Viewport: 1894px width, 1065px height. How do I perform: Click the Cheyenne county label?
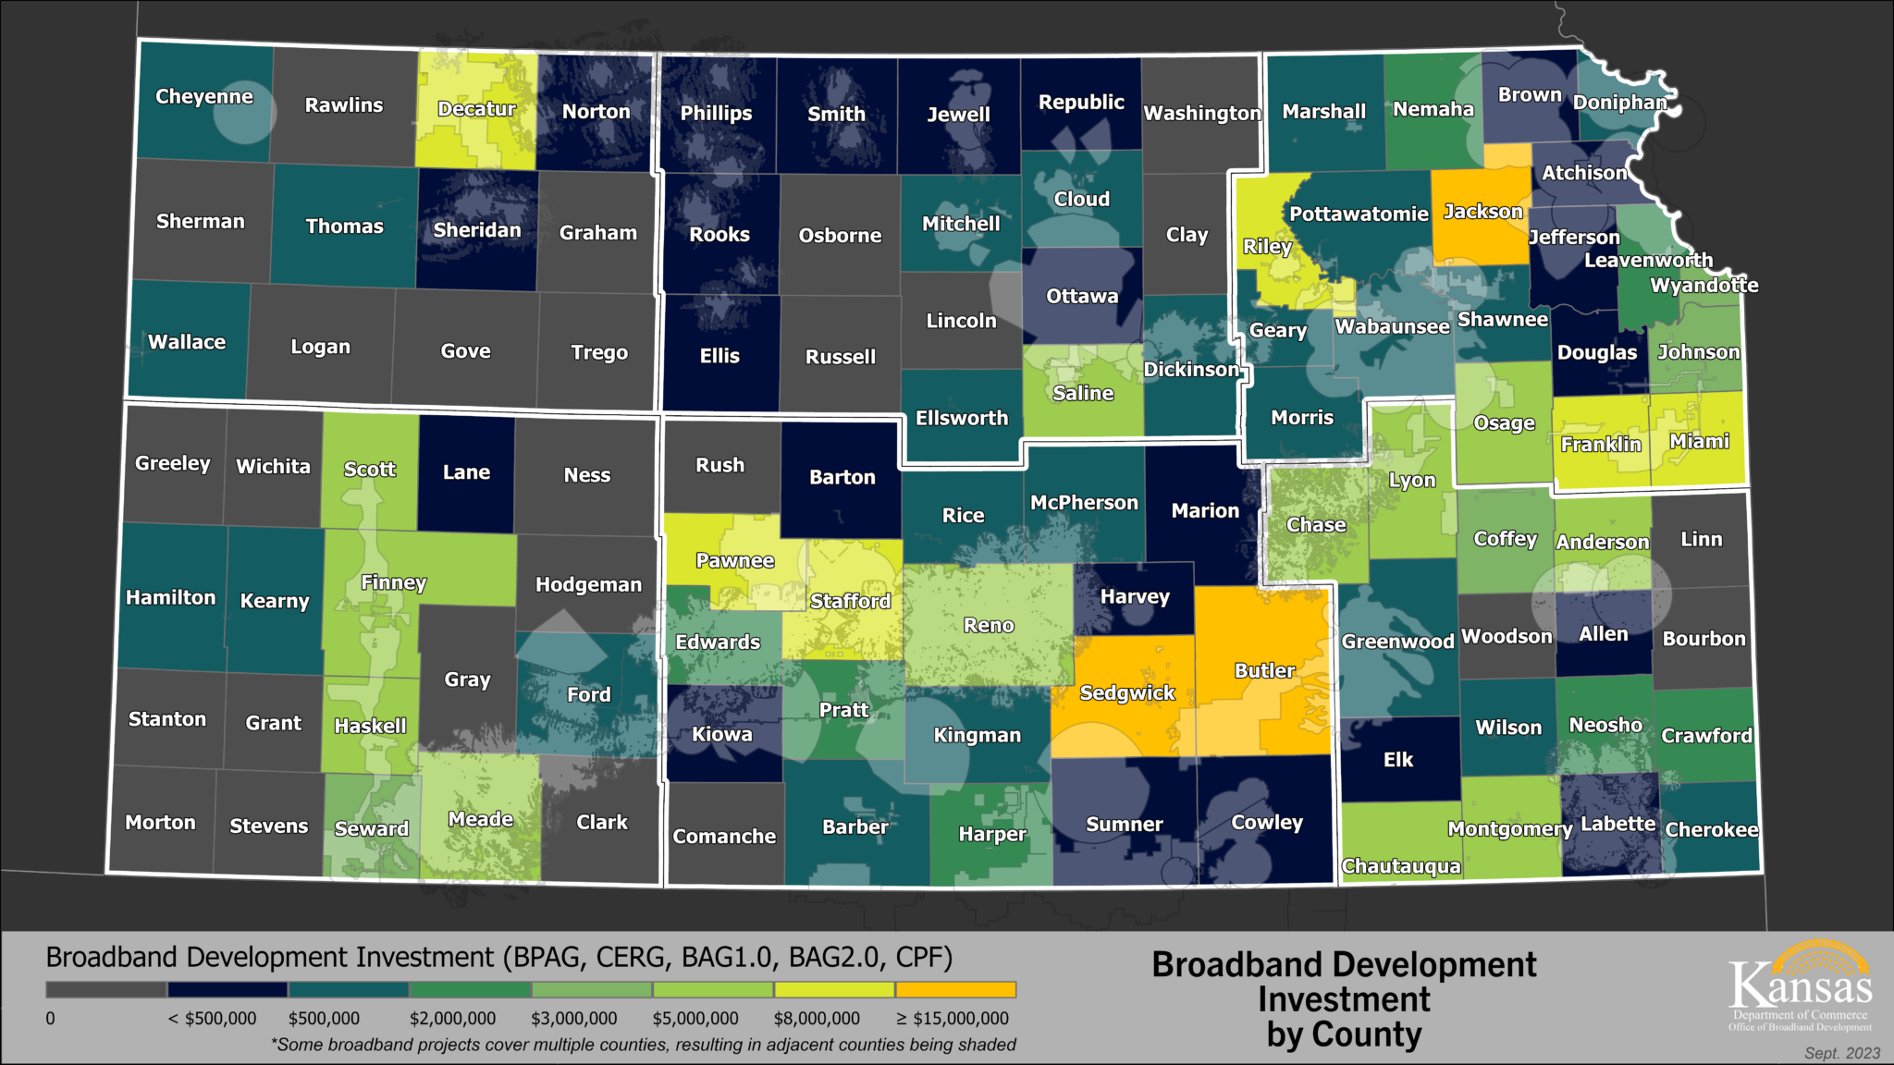[x=203, y=97]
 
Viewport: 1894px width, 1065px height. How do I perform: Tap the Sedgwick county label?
[x=1126, y=693]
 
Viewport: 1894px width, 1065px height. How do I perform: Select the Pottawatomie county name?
[x=1359, y=214]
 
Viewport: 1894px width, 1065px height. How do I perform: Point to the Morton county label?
[x=160, y=823]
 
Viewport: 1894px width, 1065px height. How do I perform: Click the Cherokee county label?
[x=1712, y=830]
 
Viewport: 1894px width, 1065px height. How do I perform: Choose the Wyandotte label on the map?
[x=1704, y=286]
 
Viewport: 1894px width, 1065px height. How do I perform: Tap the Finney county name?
[x=393, y=582]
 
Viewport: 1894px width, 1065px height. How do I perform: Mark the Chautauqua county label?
[x=1401, y=866]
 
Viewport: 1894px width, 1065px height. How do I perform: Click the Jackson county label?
[x=1482, y=212]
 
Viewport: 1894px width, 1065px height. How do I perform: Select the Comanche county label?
[x=724, y=837]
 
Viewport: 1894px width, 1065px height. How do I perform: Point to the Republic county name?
[x=1081, y=103]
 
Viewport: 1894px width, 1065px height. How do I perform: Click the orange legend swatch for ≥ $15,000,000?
[x=956, y=990]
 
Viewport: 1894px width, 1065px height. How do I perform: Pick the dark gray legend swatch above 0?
[x=106, y=990]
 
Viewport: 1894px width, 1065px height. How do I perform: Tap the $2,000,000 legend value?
[x=452, y=1019]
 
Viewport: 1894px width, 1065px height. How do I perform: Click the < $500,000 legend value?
[x=212, y=1019]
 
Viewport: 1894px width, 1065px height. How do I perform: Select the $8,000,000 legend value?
[x=817, y=1019]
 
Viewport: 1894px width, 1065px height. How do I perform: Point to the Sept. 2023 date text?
[x=1842, y=1054]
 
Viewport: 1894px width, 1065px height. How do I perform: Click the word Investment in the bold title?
[x=1344, y=1000]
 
